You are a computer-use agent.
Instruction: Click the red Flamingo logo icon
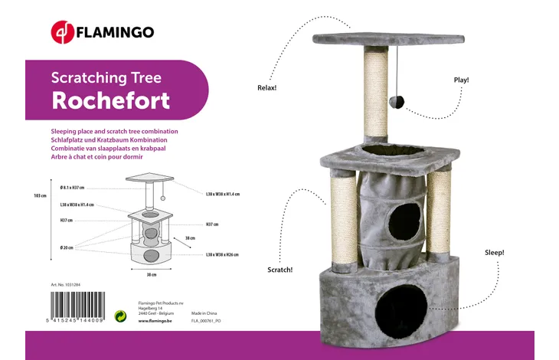tap(62, 32)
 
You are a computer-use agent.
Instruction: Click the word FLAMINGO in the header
tap(115, 32)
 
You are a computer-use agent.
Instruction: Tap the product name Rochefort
tap(110, 100)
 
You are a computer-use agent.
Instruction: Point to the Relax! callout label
tap(266, 88)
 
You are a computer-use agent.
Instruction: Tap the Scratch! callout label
tap(279, 270)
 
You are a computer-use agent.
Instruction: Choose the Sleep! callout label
tap(494, 252)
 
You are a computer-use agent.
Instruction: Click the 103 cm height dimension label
tap(41, 196)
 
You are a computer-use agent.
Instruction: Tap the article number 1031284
tap(67, 284)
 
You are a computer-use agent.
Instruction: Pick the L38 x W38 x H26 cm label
tap(223, 254)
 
